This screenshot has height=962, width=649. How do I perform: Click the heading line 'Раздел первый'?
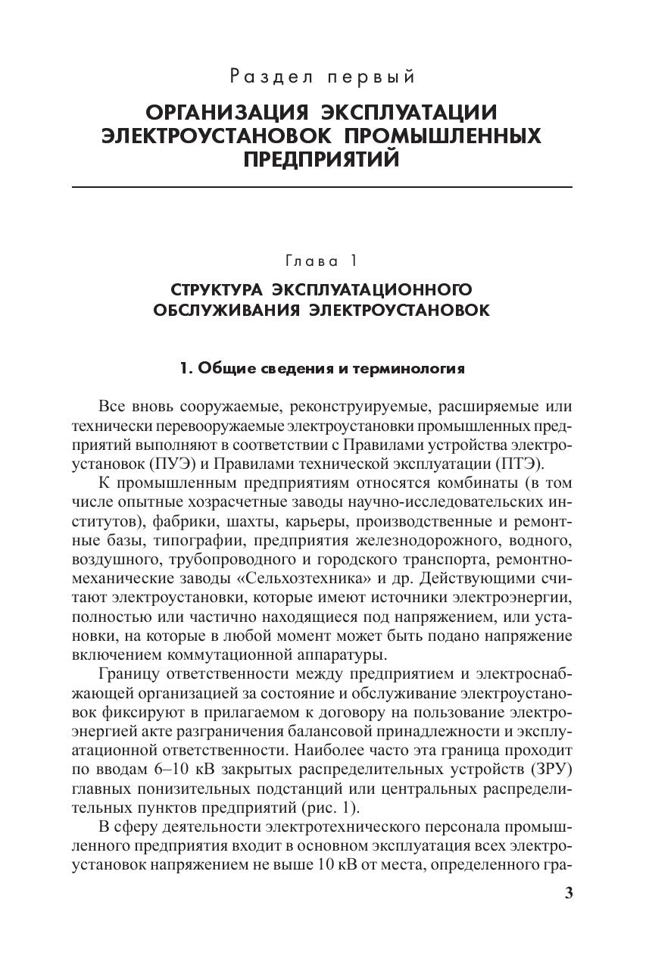[x=323, y=77]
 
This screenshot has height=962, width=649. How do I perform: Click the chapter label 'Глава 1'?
[x=321, y=261]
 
